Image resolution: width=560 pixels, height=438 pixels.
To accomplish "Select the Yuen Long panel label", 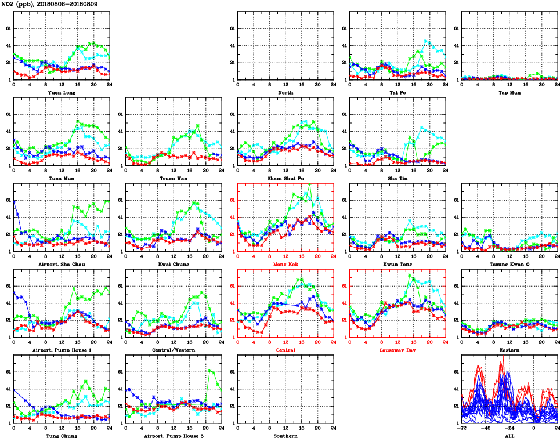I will [61, 92].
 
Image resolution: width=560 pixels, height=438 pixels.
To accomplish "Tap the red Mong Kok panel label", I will [285, 264].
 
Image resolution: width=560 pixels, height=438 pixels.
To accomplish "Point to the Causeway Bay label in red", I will [398, 350].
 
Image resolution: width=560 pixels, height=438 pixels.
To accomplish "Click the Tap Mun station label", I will [510, 92].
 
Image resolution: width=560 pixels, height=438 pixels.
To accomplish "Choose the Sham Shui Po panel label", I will [285, 178].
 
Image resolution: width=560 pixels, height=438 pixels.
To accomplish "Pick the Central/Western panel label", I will [173, 350].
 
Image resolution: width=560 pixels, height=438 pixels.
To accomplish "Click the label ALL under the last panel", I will [510, 436].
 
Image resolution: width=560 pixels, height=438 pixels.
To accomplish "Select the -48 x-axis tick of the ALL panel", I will [486, 428].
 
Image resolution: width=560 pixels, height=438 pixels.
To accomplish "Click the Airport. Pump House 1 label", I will [61, 350].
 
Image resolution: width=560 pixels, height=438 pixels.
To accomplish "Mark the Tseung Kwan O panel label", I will [510, 264].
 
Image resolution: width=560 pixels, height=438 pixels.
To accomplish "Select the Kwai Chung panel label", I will [173, 264].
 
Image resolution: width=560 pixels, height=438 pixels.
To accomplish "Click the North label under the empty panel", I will [285, 92].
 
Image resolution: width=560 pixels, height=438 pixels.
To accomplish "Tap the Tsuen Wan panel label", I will [173, 178].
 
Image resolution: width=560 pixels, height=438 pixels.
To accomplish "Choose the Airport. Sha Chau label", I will [61, 264].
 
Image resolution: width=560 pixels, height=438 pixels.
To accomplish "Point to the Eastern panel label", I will [510, 350].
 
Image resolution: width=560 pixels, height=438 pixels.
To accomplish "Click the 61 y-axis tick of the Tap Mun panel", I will [457, 28].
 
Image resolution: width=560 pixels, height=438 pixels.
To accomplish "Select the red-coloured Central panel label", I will [285, 350].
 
